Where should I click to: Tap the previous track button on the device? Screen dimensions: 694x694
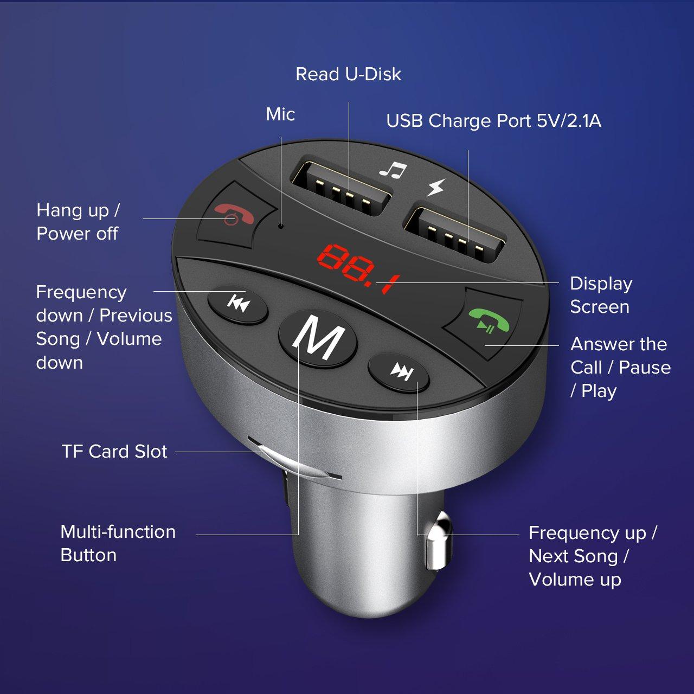coord(238,305)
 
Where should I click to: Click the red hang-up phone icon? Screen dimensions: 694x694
coord(235,214)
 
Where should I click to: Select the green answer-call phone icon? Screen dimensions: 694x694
coord(489,320)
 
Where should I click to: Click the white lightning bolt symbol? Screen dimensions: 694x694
coord(436,187)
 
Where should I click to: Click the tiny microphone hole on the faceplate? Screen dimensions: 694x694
coord(280,226)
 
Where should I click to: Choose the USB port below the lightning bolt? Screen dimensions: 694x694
coord(454,234)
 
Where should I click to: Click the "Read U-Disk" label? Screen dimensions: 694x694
coord(348,74)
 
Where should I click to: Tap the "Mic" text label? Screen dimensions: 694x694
coord(280,114)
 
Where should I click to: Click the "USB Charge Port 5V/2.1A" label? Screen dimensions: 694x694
coord(493,121)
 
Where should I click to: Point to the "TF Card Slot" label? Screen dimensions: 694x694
coord(114,451)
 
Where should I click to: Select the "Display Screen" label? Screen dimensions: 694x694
coord(601,295)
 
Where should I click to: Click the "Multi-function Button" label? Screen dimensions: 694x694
coord(118,543)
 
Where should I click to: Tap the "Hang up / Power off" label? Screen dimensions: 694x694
coord(78,222)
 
